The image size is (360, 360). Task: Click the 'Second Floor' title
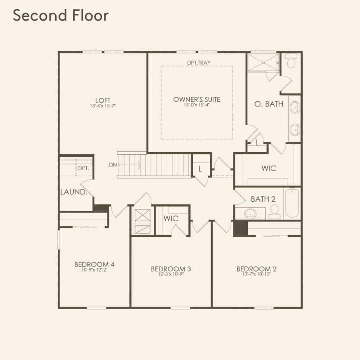coord(60,16)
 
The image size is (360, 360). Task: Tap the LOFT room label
coord(103,100)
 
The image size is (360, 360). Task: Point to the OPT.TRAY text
coord(198,63)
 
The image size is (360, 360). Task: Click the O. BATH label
coord(269,104)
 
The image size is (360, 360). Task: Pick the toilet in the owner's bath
coord(291,62)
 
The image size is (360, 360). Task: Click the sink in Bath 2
coord(250,213)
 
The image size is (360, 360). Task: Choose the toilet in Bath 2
coord(274,211)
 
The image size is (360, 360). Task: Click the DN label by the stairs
coord(113,165)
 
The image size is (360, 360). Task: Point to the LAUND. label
coord(74,192)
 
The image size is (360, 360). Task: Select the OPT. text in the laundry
coord(83,168)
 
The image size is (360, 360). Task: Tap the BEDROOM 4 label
coord(94,264)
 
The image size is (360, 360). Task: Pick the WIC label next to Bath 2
coord(269,168)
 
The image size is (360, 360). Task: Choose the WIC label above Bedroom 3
coord(171,219)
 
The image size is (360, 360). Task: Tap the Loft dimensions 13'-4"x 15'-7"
coord(103,106)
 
